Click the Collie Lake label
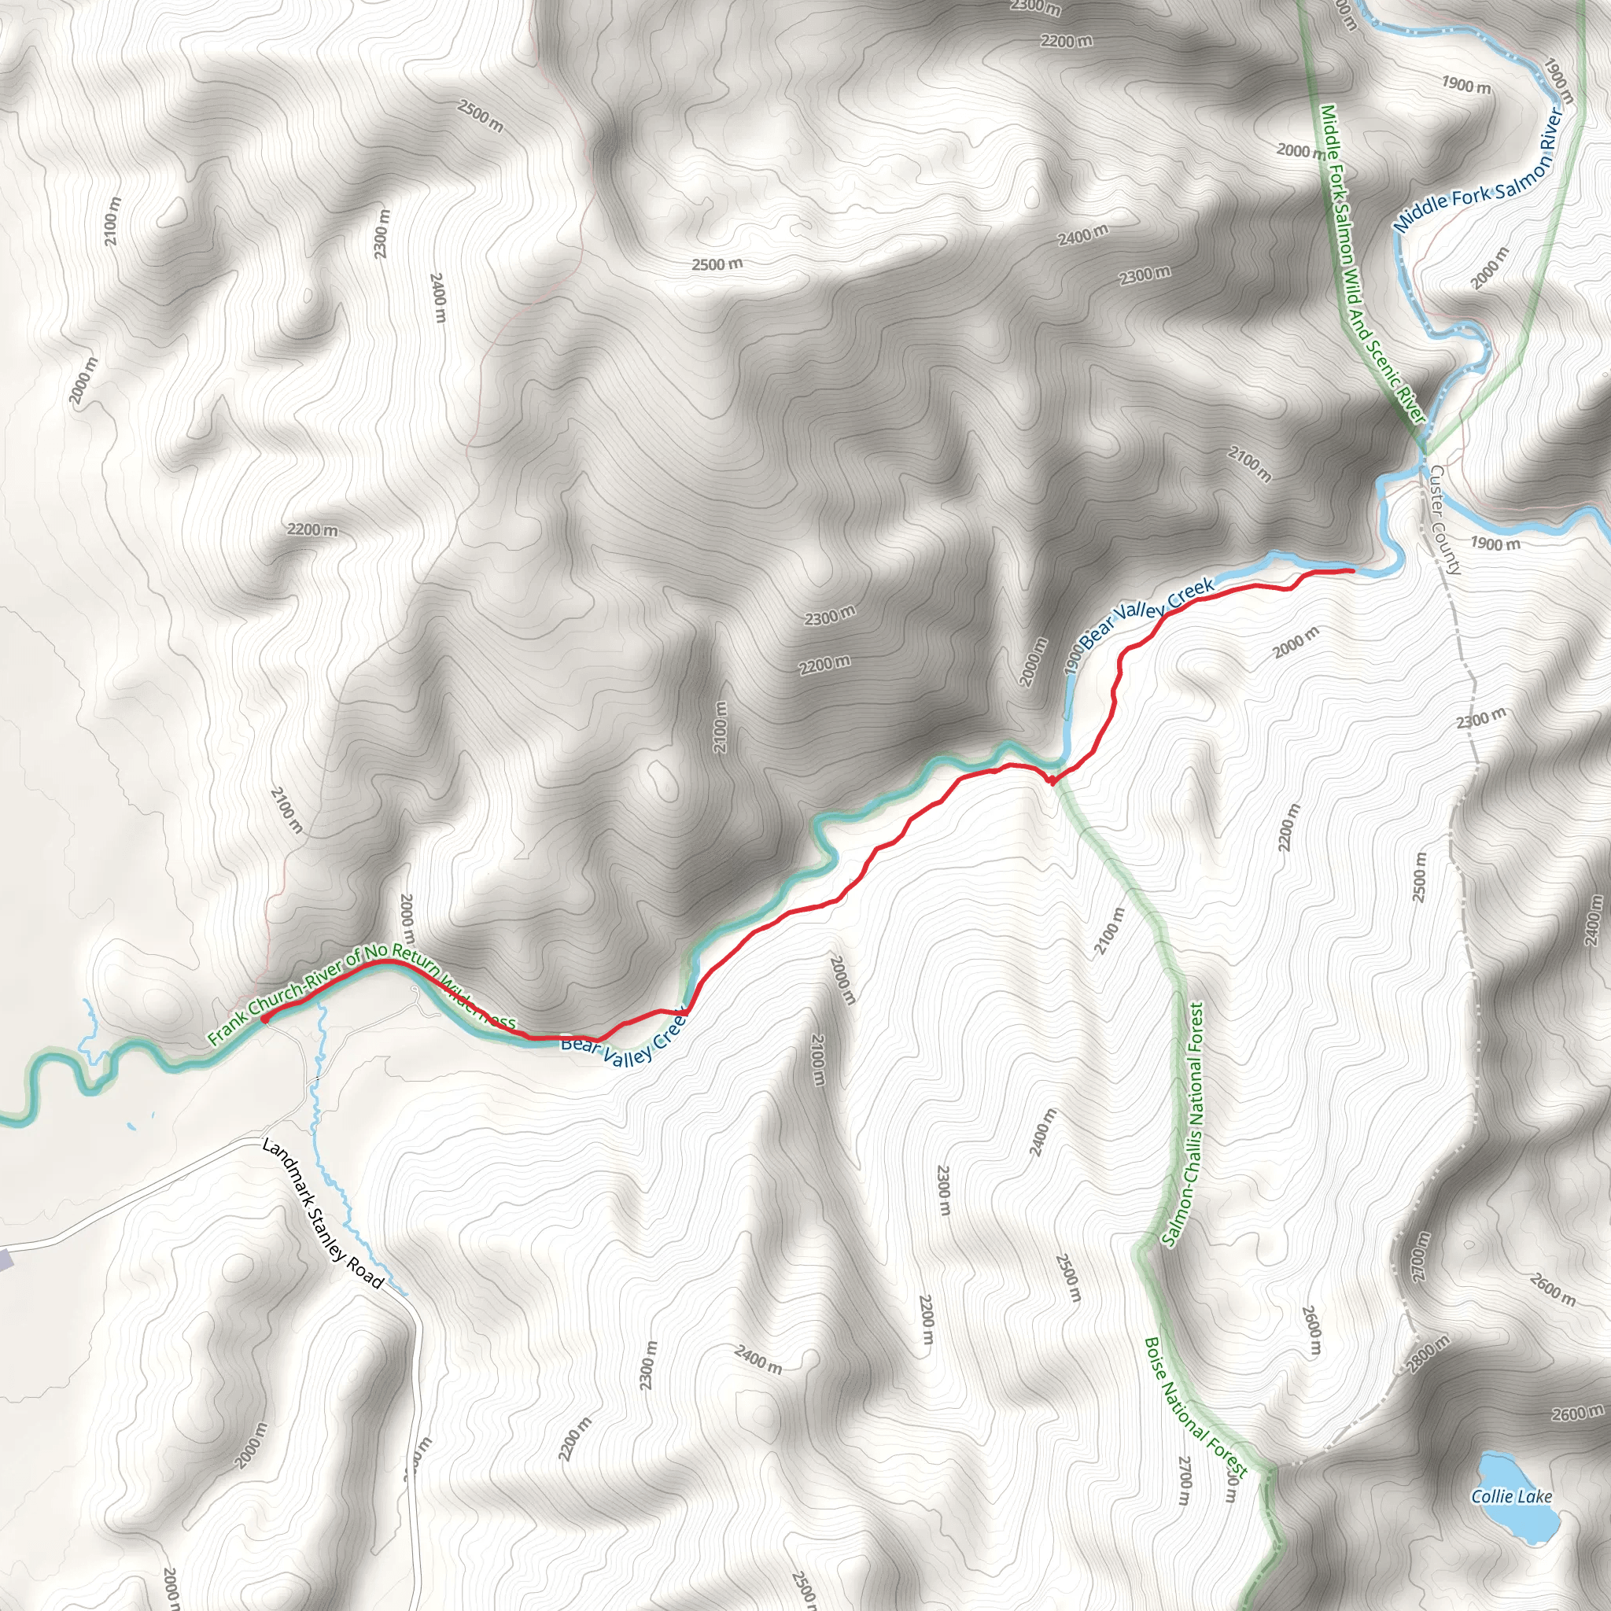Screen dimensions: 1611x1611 [1511, 1496]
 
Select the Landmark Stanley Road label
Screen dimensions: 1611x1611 [323, 1213]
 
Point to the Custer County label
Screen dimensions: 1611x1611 [1444, 519]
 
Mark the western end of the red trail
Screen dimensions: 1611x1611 [264, 1019]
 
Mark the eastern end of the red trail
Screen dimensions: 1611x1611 [1351, 570]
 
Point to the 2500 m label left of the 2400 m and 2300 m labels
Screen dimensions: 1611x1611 [717, 264]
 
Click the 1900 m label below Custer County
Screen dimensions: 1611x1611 [1495, 544]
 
